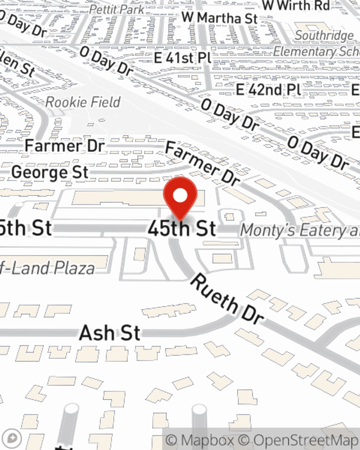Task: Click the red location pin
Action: tap(180, 197)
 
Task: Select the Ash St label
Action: tap(109, 333)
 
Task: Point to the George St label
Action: tap(50, 172)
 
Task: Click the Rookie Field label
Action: tap(83, 102)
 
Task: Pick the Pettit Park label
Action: tap(117, 9)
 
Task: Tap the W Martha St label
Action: tap(220, 18)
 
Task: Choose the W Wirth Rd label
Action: tap(296, 5)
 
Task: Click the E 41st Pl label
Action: tap(183, 58)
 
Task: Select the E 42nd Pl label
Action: tap(269, 89)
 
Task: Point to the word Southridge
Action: tap(324, 36)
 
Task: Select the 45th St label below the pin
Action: tap(182, 229)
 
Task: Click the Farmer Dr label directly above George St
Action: tap(65, 146)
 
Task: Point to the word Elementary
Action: tap(306, 51)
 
